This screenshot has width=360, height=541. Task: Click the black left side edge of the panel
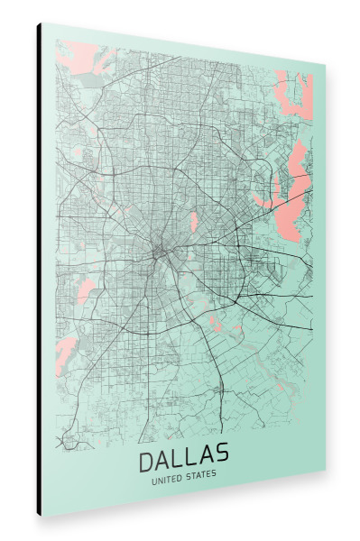click(39, 270)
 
